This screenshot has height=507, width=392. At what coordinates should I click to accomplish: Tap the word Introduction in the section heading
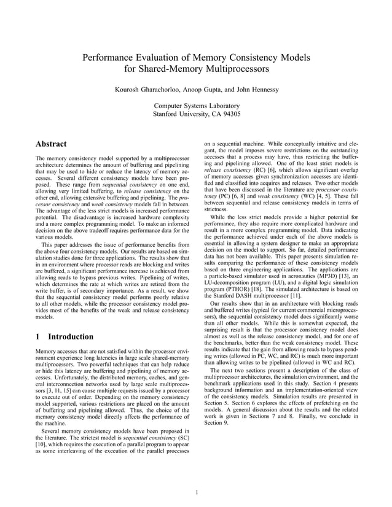click(x=71, y=336)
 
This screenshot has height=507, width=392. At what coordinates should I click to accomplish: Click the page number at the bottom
click(x=196, y=490)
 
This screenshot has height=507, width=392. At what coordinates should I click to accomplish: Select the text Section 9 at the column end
click(x=216, y=422)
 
